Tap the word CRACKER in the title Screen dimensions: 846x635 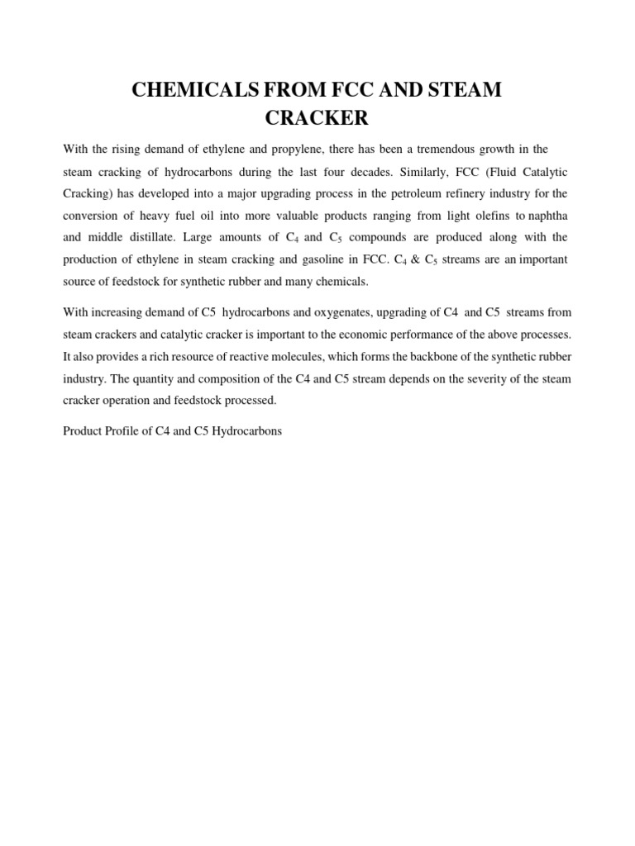point(317,117)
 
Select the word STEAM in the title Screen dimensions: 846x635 point(464,90)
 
